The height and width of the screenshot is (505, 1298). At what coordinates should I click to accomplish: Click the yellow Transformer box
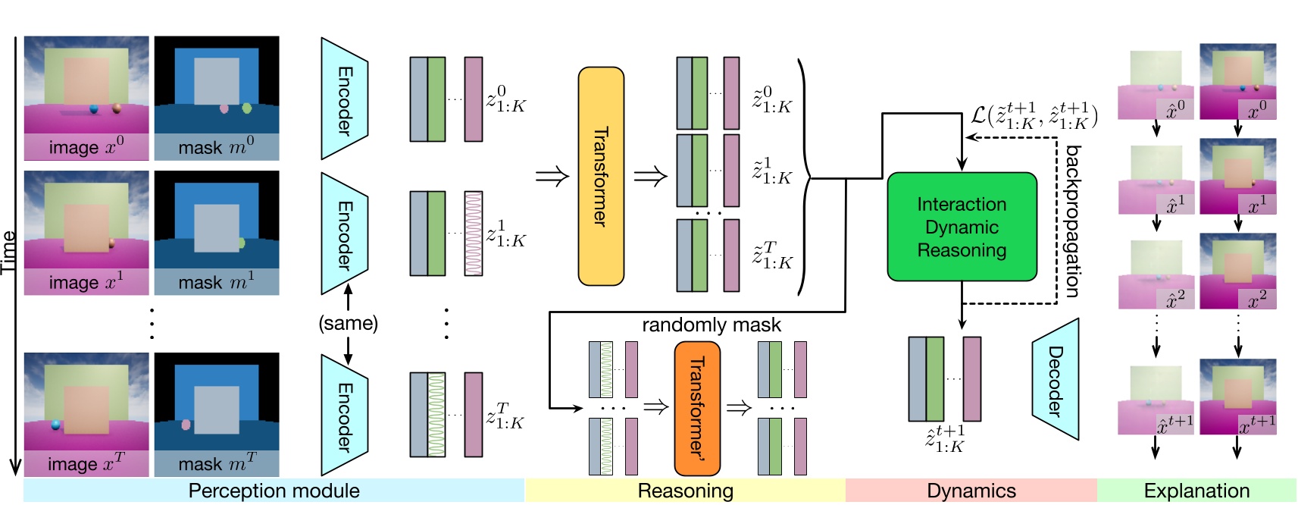tap(601, 176)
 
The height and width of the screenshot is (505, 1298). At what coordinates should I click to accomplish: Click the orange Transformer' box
tap(696, 408)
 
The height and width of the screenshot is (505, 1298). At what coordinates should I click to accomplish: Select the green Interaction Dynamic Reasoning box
tap(962, 227)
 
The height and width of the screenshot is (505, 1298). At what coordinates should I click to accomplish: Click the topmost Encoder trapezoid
tap(344, 99)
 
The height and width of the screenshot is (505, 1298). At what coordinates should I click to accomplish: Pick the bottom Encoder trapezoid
tap(344, 416)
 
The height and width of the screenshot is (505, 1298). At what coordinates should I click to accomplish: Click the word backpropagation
tap(1071, 221)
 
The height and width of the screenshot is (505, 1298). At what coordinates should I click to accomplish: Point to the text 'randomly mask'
tap(711, 325)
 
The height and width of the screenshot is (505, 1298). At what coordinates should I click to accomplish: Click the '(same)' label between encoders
tap(348, 323)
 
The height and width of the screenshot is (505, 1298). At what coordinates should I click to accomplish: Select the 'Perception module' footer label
tap(274, 491)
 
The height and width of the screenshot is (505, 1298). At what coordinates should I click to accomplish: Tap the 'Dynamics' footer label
tap(971, 491)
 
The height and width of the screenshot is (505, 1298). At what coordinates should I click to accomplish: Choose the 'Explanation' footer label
tap(1196, 491)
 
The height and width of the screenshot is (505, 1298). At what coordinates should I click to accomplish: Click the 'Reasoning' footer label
tap(685, 491)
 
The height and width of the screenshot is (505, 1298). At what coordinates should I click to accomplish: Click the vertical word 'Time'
tap(8, 252)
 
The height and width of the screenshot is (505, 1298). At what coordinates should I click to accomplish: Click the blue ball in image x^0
tap(94, 109)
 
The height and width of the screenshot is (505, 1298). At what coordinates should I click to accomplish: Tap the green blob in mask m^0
tap(246, 108)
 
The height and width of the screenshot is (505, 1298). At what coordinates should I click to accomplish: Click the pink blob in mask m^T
tap(186, 425)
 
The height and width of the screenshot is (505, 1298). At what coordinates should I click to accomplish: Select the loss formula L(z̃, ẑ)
tap(1034, 115)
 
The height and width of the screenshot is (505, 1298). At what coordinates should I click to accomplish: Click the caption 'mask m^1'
tap(216, 282)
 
